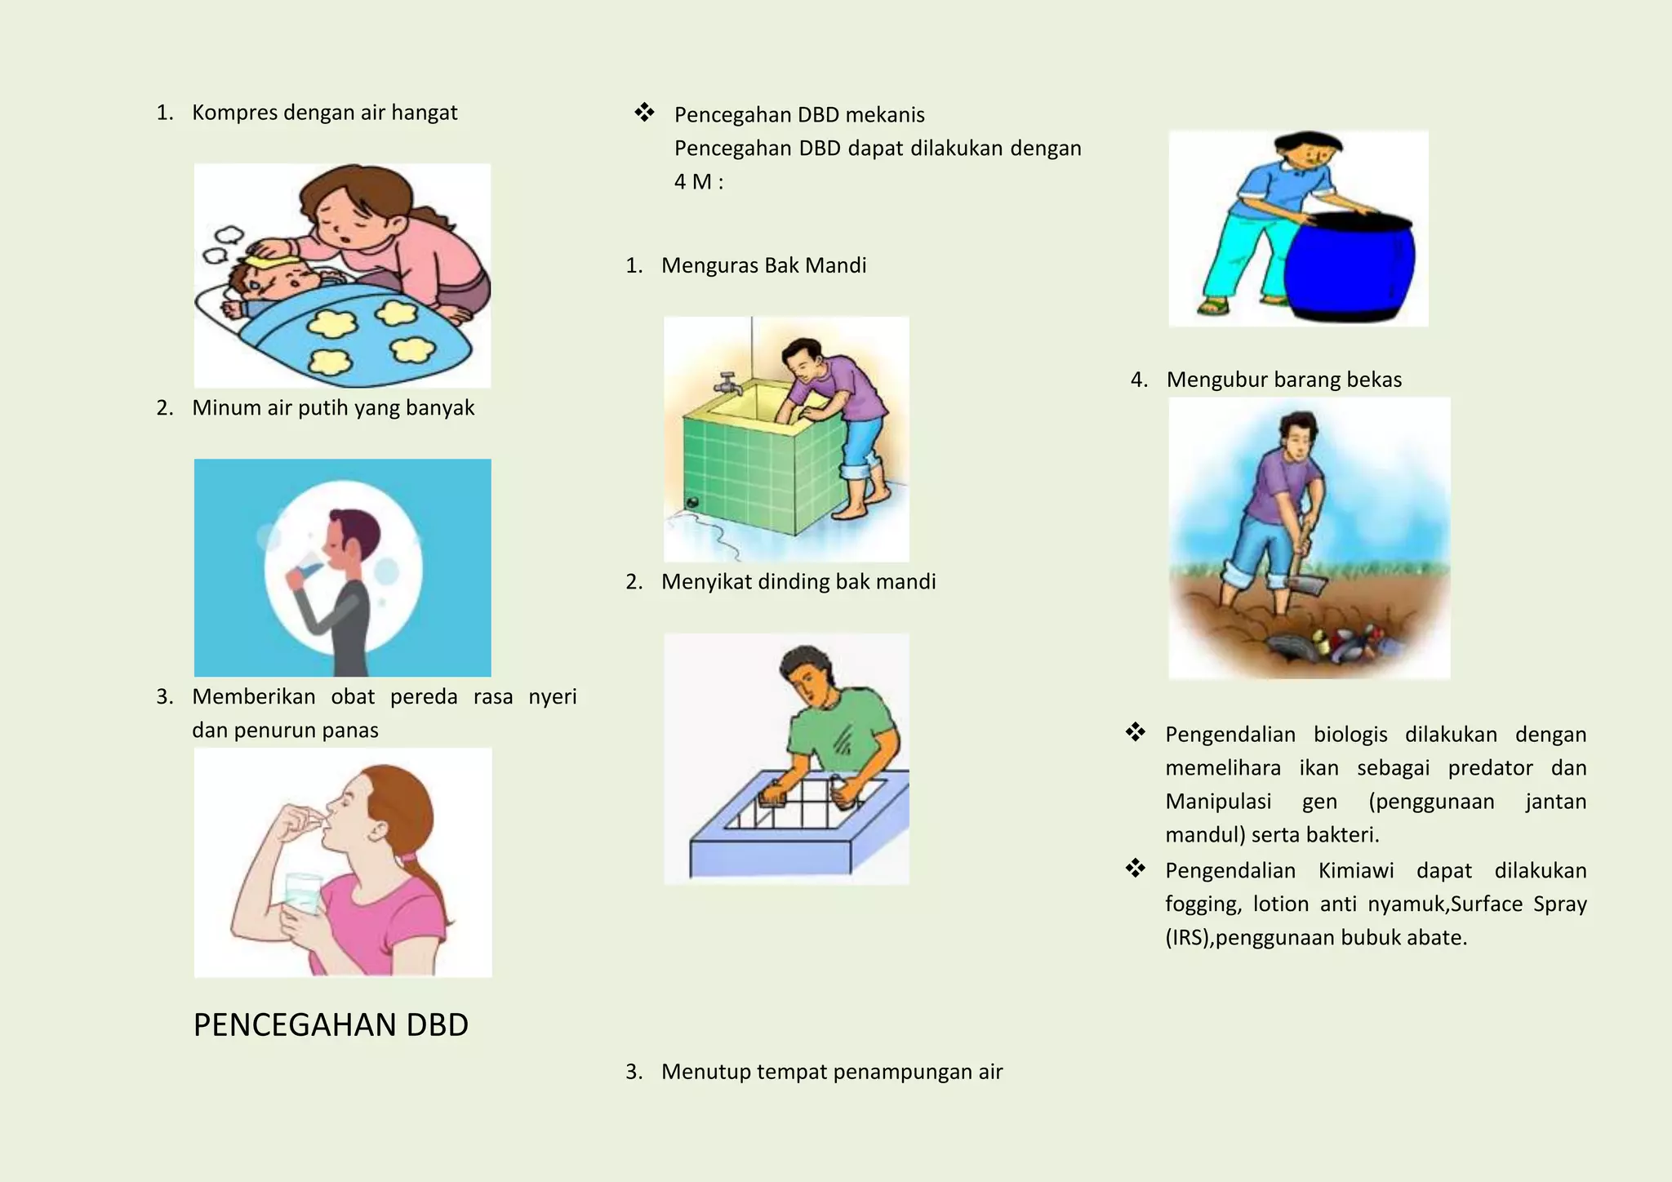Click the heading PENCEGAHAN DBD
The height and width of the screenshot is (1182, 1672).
click(331, 1025)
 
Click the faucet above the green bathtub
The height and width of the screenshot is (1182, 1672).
click(727, 383)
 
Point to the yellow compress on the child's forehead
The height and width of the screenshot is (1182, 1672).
click(272, 262)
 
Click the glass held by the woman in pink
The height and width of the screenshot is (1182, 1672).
click(303, 893)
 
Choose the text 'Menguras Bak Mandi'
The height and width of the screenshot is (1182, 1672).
click(763, 265)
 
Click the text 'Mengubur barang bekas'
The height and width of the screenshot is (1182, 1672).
click(1283, 380)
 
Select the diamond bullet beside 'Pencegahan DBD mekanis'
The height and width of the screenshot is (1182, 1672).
click(644, 113)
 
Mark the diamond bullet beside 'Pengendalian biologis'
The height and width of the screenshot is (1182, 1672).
click(1135, 732)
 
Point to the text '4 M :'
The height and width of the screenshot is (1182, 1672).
click(699, 182)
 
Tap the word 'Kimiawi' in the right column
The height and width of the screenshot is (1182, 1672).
click(1355, 871)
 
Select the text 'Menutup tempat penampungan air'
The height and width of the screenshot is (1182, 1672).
click(831, 1072)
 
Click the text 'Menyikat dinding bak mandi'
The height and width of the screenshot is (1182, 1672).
click(798, 582)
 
